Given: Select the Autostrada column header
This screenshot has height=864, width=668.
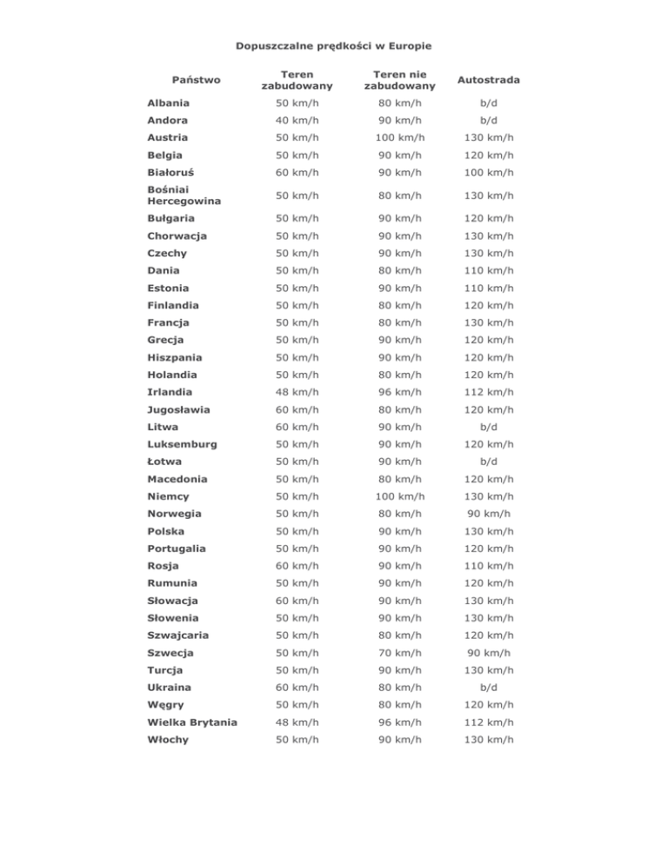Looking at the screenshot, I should tap(489, 79).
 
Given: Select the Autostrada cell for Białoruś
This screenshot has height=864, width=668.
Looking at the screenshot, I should tap(489, 172).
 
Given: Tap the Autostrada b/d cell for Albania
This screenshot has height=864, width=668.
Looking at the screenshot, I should tap(489, 103).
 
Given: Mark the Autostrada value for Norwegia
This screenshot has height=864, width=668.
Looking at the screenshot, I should tap(489, 514).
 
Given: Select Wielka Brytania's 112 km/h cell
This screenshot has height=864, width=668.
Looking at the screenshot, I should tap(489, 722).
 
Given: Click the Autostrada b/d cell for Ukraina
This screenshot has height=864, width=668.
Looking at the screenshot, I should tap(489, 688).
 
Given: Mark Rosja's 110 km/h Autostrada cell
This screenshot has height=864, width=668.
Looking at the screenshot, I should tap(489, 566).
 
